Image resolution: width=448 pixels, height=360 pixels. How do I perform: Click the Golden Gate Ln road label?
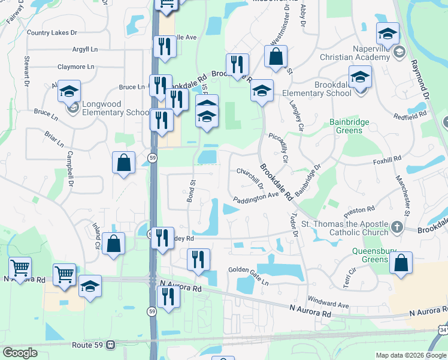249,270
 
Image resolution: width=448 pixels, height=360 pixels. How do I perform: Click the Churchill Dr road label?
250,177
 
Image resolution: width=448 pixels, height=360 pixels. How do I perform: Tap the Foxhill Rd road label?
386,160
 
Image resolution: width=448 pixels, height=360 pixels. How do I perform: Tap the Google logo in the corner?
20,353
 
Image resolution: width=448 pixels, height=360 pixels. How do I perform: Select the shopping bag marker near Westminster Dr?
276,57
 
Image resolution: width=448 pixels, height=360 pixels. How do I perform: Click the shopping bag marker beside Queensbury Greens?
401,263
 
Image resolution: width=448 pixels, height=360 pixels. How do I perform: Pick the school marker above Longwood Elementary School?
69,91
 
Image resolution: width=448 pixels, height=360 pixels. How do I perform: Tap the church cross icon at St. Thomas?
396,227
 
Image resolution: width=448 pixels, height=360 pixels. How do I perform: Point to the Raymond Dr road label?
419,78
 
